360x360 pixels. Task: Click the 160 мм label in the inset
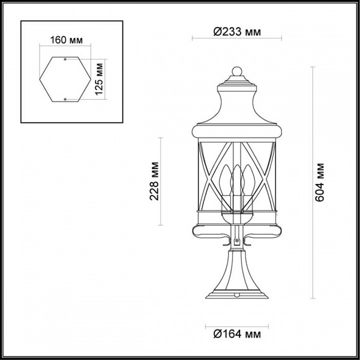tap(66, 40)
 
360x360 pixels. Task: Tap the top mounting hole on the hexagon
tap(65, 59)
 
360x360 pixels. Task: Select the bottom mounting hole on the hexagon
tap(65, 98)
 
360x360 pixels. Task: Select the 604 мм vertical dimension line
tap(312, 182)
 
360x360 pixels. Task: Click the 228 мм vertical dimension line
tap(160, 181)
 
